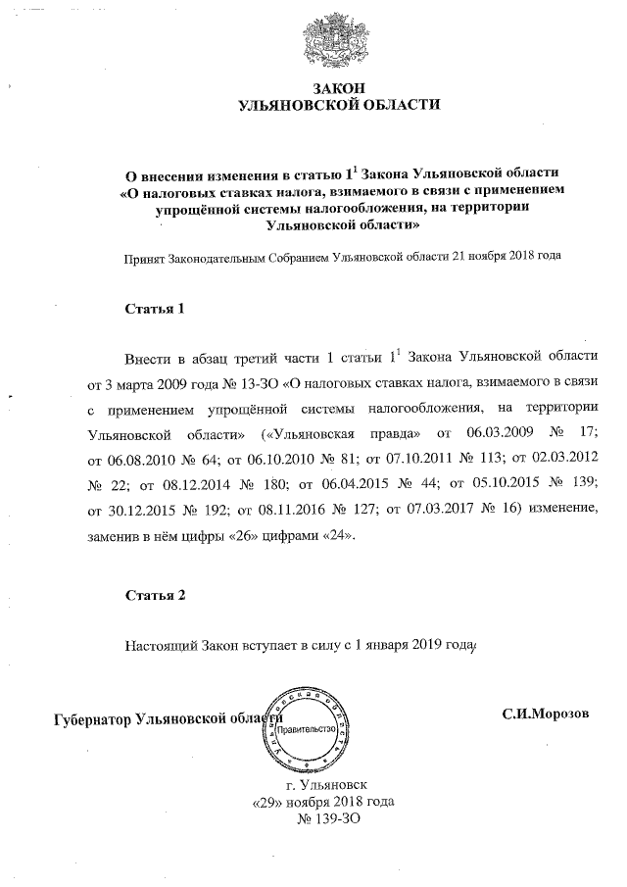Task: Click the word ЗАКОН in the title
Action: [x=339, y=89]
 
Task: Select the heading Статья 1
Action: [x=155, y=309]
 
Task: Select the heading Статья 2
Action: [x=155, y=595]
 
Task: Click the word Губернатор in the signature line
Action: [x=93, y=719]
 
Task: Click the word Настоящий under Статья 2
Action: [x=162, y=646]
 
